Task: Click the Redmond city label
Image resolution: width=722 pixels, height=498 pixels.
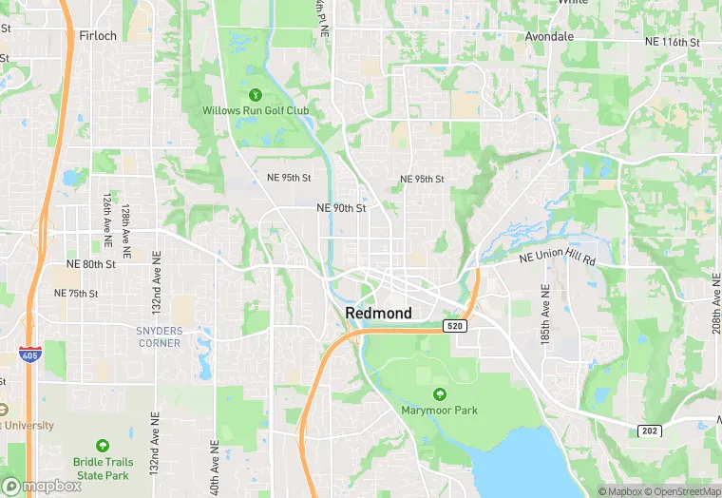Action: (378, 313)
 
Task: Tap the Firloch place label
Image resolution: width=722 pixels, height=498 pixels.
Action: (98, 36)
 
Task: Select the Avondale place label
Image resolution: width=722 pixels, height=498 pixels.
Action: (549, 36)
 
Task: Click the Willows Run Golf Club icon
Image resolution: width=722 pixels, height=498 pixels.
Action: (255, 94)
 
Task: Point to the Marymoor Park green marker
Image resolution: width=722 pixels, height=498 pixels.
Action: (439, 394)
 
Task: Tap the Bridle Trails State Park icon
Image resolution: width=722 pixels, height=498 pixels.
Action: (102, 445)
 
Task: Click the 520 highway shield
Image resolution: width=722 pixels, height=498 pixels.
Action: (454, 326)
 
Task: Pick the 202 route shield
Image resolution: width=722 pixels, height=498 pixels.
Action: (648, 431)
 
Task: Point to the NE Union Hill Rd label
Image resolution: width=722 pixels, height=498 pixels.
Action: (558, 259)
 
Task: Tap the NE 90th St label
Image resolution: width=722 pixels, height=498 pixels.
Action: (341, 207)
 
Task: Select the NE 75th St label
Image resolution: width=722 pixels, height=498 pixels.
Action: (76, 293)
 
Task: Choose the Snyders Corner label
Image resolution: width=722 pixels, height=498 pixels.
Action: (158, 336)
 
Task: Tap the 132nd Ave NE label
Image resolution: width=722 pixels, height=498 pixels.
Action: (155, 283)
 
